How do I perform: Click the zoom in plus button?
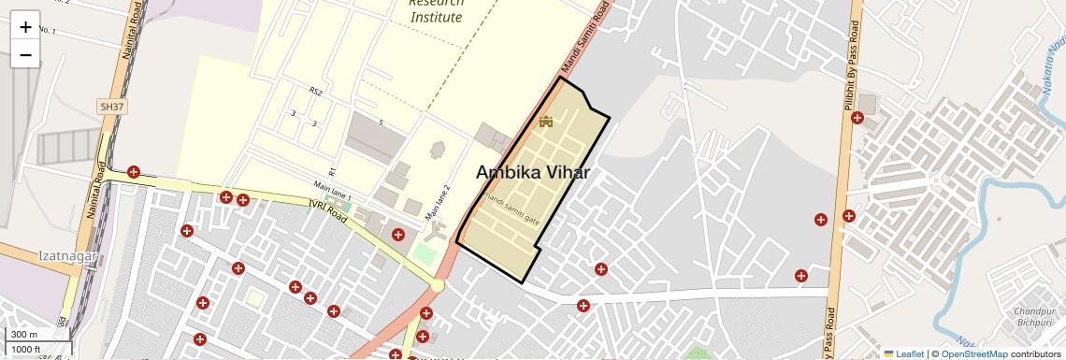(25, 26)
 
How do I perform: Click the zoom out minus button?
(25, 55)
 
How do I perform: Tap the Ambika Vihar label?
(533, 172)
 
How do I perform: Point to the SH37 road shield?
(111, 108)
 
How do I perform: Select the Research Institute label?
(436, 11)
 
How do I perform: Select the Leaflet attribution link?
(903, 353)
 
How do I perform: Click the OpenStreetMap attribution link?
(974, 353)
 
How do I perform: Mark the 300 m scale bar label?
(23, 335)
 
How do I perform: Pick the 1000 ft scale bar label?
(26, 349)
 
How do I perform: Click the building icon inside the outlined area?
(546, 122)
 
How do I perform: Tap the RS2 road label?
(316, 92)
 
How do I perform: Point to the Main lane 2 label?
(439, 203)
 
